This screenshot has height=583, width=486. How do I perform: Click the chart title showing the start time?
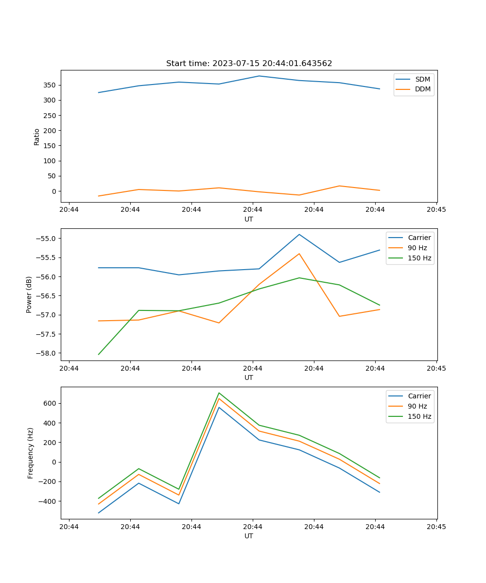(249, 64)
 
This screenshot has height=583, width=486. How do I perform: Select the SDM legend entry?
(422, 79)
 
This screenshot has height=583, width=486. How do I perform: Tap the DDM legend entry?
(422, 89)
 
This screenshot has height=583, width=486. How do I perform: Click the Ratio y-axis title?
(37, 137)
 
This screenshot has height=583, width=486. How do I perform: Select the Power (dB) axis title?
(29, 294)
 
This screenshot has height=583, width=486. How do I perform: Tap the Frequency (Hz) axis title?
(31, 453)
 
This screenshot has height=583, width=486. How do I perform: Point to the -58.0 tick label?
(45, 353)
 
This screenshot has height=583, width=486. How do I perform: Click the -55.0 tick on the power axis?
(45, 239)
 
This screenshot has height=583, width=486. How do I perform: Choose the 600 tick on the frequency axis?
(51, 403)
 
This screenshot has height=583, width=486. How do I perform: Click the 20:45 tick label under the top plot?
(436, 210)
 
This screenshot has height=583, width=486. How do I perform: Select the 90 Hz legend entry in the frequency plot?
(417, 406)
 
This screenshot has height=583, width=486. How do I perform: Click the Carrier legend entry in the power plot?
(419, 238)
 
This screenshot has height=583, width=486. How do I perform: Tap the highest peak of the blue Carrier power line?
(299, 234)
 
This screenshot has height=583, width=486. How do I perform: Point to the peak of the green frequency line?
(219, 393)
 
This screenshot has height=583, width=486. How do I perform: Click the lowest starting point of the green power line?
(99, 354)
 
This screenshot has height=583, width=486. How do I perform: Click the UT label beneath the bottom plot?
(249, 536)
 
